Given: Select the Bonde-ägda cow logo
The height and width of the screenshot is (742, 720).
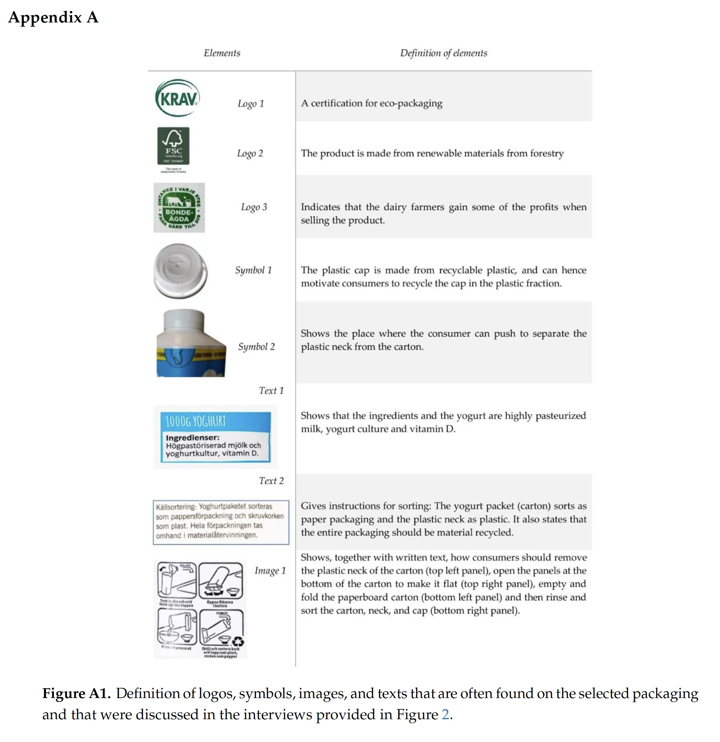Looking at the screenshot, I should (179, 208).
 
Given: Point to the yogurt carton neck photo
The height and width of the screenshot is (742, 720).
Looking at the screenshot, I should (191, 343).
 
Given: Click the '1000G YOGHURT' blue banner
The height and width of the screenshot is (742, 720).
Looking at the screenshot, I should (215, 421).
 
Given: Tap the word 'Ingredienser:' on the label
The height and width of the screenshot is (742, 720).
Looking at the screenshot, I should (192, 438).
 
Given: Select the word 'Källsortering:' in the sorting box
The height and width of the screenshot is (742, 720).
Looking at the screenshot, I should (176, 507).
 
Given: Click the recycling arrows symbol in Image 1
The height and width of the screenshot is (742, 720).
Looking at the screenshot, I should (238, 642).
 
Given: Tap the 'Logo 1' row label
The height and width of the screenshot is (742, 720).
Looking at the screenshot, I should (251, 104).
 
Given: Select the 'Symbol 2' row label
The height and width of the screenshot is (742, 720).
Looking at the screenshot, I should (256, 347).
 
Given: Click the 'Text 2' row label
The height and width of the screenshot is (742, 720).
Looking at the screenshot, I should (271, 481).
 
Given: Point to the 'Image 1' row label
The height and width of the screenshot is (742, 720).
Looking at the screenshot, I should (270, 571).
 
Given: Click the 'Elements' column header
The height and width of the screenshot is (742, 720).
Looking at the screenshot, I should (222, 53).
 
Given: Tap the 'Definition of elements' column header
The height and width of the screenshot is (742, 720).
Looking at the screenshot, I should (443, 53).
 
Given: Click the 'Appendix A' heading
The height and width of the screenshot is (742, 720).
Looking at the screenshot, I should (54, 18).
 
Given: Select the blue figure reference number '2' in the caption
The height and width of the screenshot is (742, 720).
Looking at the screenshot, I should (445, 715).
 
